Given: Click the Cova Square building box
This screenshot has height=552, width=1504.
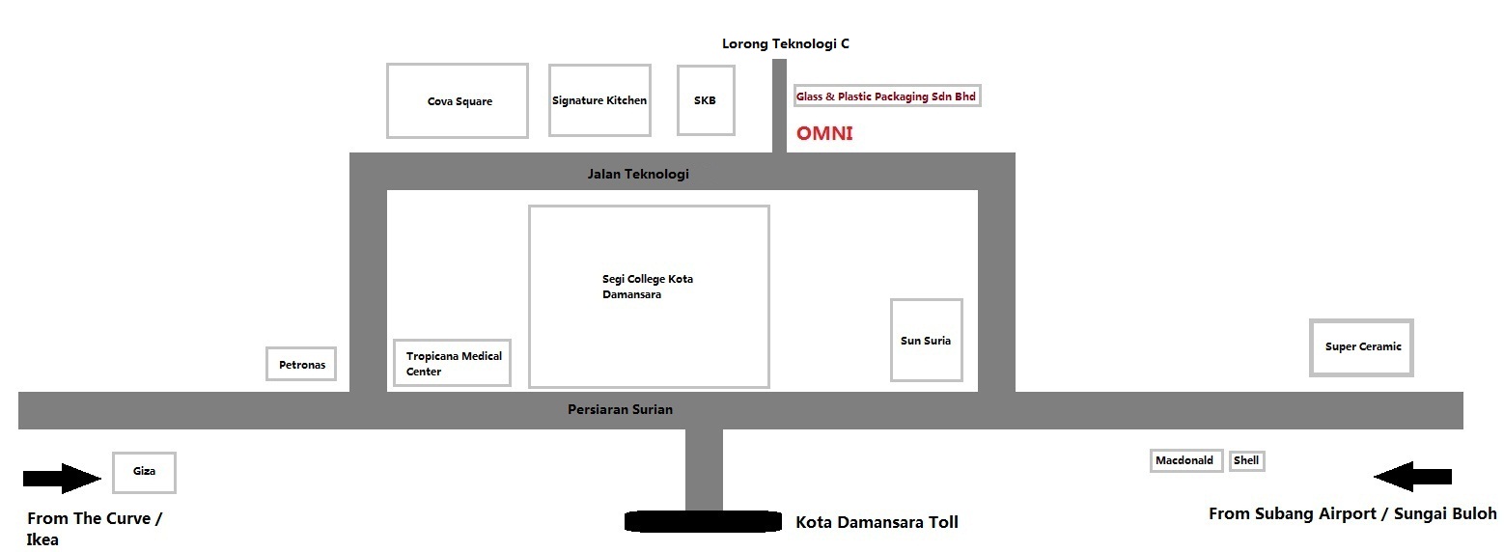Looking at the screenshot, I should pos(458,100).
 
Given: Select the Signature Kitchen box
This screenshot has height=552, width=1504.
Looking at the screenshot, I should pos(599,100).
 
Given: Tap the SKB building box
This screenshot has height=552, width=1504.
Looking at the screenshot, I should pos(706,100).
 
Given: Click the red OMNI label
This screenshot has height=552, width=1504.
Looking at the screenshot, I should pos(824,134).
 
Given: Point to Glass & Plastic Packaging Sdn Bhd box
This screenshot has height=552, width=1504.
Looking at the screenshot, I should pos(886,97).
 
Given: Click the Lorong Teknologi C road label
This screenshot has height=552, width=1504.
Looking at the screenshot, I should pos(786,43).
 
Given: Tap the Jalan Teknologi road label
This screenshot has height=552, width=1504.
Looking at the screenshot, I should pos(638,175).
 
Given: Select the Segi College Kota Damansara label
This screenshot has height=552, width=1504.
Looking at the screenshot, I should pos(647,287).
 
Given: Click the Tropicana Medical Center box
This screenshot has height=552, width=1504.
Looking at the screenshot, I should pos(453,363).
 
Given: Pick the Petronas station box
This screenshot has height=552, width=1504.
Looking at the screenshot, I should pos(301,365).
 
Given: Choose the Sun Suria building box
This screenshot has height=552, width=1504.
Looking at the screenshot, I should pos(926,340).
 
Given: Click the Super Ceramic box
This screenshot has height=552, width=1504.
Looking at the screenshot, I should pos(1362,347).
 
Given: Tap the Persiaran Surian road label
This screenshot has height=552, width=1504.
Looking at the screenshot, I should pos(620,409).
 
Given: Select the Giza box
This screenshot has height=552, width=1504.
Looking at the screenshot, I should pos(144,472).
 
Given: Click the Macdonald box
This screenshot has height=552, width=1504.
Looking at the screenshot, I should pos(1186,460).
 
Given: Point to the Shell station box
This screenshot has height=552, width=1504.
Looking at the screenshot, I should pos(1246,460).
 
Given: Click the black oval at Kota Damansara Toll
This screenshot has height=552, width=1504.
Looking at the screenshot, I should pos(703,522).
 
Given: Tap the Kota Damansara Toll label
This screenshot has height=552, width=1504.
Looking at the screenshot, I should pos(877,522).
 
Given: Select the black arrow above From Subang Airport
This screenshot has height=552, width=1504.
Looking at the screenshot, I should pos(1412,476).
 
